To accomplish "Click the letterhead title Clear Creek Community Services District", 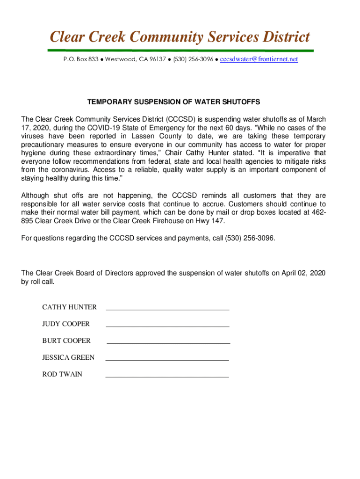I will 180,36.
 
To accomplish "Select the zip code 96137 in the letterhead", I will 158,59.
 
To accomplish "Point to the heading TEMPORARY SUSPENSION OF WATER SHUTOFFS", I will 173,102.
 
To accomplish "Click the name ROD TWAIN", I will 62,374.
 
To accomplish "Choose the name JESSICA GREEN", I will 68,357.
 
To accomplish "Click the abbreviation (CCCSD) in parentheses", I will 176,119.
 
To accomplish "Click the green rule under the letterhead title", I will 180,51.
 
